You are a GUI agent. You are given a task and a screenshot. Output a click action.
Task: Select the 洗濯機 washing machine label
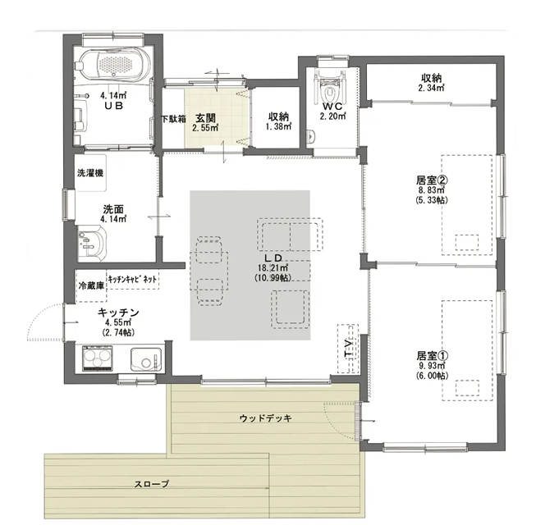[x=90, y=173]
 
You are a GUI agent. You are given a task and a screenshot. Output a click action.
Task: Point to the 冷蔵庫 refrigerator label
[x=91, y=286]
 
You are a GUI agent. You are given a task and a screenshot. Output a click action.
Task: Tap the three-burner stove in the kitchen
[x=98, y=358]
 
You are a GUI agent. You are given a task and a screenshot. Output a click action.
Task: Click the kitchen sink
[x=146, y=359]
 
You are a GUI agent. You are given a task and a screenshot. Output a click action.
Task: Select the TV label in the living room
[x=349, y=349]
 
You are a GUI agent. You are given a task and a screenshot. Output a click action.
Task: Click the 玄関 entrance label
[x=205, y=118]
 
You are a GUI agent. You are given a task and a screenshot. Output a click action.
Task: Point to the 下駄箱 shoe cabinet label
[x=174, y=119]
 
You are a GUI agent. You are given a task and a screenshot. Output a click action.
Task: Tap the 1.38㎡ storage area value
[x=278, y=126]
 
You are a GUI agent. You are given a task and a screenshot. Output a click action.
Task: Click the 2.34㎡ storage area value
[x=431, y=88]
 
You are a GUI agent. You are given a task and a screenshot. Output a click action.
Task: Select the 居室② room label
[x=432, y=180]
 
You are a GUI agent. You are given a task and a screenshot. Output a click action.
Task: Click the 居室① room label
[x=432, y=355]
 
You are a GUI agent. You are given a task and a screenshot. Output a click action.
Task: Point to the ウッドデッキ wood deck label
[x=265, y=418]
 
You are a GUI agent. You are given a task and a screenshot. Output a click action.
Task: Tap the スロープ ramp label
[x=152, y=484]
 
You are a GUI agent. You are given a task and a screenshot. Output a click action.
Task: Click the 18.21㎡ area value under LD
[x=273, y=267]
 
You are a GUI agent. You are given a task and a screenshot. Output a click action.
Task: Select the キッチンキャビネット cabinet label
[x=133, y=280]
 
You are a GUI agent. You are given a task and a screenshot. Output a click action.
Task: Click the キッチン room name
[x=119, y=313]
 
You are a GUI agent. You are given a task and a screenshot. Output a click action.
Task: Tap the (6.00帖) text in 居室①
[x=432, y=376]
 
